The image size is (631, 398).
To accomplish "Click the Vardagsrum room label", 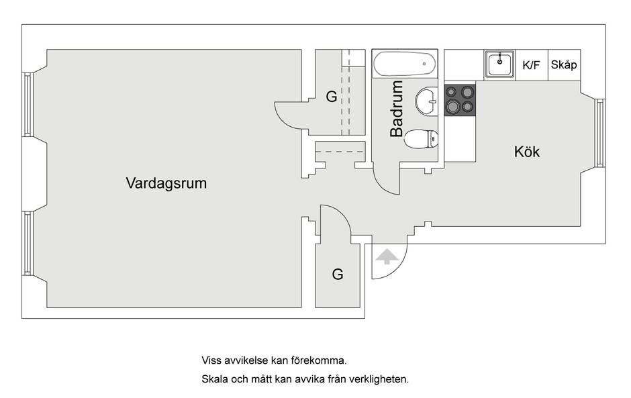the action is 166,183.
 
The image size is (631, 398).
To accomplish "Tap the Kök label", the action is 527,152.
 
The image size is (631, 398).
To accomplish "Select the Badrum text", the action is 397,109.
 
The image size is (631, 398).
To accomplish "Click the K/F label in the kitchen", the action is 531,65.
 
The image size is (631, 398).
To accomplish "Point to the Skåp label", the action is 564,64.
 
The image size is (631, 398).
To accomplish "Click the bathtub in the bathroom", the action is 405,64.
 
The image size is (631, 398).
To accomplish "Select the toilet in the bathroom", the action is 421,139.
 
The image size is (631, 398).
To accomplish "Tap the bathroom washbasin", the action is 426,101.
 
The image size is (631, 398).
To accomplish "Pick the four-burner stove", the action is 460,99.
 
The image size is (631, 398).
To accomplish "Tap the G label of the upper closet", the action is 332,97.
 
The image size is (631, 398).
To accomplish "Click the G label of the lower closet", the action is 338,275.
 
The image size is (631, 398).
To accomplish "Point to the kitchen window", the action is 599,133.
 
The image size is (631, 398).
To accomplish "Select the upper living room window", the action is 28,105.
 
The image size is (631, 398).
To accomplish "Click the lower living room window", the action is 28,244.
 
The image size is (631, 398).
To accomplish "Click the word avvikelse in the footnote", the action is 246,360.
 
